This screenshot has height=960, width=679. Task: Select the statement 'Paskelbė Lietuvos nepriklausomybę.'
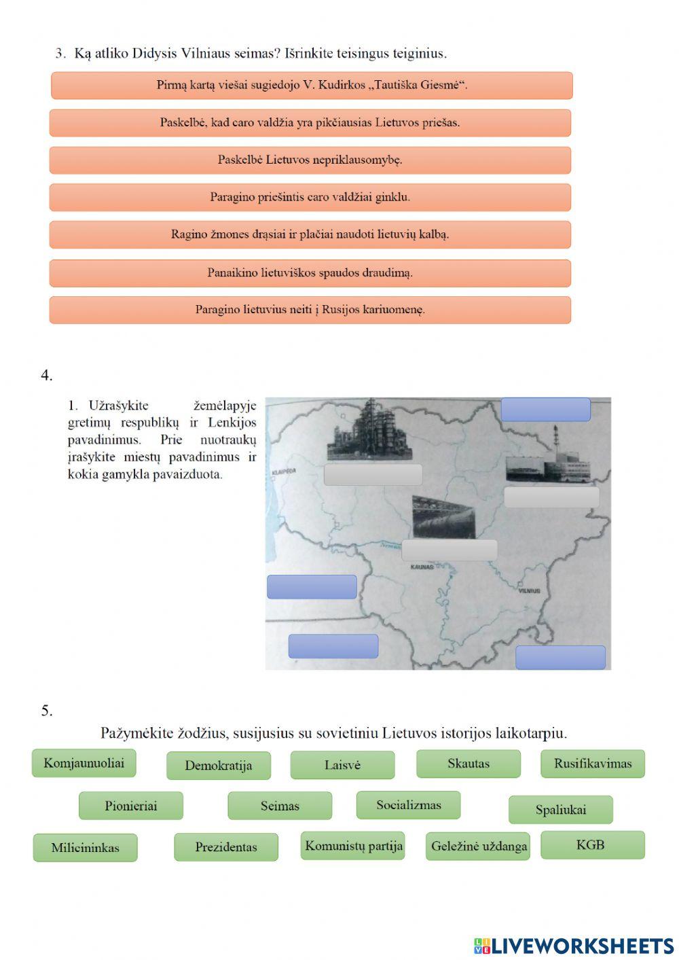pos(310,160)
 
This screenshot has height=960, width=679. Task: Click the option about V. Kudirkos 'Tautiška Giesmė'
pos(312,86)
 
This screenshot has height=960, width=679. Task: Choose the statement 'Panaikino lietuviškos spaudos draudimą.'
pos(310,273)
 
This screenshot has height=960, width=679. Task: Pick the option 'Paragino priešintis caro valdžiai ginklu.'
pos(310,198)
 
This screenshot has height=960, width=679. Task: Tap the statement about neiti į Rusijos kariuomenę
pos(310,310)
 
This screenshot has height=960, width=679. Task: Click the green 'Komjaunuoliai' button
pos(84,763)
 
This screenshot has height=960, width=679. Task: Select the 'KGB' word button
pos(592,845)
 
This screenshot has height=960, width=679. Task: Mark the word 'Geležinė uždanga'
pos(479,847)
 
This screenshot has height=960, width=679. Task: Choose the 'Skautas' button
pos(468,764)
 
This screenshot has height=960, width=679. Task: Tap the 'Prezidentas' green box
pos(226,847)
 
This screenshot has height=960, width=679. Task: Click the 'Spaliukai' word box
pos(560,810)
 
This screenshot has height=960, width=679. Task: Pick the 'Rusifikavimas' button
pos(592,764)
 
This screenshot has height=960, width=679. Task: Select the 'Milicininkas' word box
pos(85,848)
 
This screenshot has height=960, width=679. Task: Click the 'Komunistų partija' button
pos(353,846)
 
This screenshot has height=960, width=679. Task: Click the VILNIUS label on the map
pos(529,591)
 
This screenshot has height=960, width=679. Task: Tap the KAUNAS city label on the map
pos(422,566)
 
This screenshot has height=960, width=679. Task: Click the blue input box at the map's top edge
pos(545,410)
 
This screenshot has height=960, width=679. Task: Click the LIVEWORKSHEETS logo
pos(574,946)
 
